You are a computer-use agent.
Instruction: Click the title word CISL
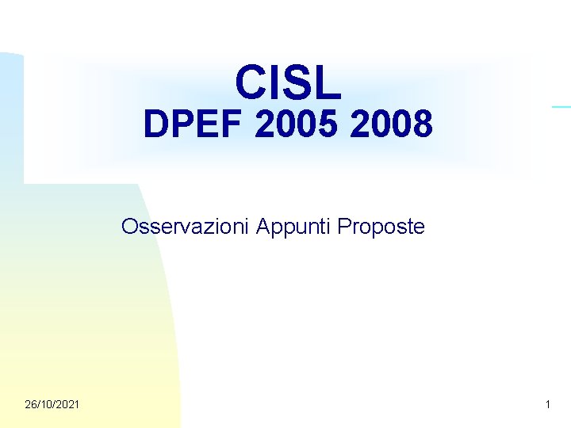(288, 82)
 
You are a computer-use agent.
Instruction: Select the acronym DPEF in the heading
(194, 124)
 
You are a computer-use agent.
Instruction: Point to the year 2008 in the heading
(391, 124)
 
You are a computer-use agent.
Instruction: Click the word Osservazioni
(186, 227)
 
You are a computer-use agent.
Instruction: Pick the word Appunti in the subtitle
(293, 227)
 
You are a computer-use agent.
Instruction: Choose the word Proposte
(381, 227)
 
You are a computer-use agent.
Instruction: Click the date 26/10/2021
(52, 405)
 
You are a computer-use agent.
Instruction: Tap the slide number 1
(547, 405)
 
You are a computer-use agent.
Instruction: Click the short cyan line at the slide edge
(561, 106)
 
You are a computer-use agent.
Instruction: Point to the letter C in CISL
(251, 82)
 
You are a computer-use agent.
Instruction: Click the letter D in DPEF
(155, 124)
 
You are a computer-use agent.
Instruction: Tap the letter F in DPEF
(235, 124)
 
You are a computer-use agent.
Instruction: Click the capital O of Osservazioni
(129, 227)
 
